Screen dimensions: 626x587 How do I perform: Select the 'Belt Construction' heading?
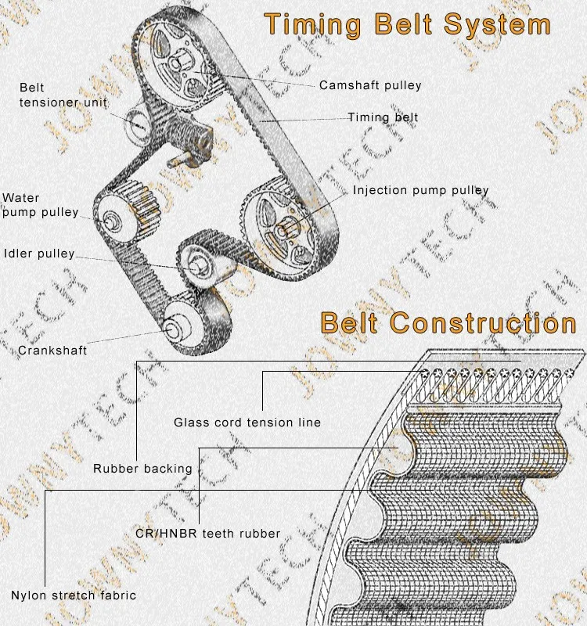pos(448,322)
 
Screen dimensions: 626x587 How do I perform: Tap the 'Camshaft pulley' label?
pos(370,85)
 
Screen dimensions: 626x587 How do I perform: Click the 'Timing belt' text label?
pos(383,117)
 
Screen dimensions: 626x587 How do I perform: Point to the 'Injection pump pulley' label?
pos(420,190)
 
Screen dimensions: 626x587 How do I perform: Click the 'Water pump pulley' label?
pos(41,205)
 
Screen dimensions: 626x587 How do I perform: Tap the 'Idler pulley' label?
pos(39,254)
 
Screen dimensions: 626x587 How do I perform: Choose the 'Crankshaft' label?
pos(52,350)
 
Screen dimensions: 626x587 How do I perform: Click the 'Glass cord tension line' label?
pos(247,423)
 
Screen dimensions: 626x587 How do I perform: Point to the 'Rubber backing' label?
pos(142,469)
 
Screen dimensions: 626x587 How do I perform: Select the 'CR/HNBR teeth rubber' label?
pos(208,534)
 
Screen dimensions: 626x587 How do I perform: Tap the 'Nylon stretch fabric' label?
pos(74,595)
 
